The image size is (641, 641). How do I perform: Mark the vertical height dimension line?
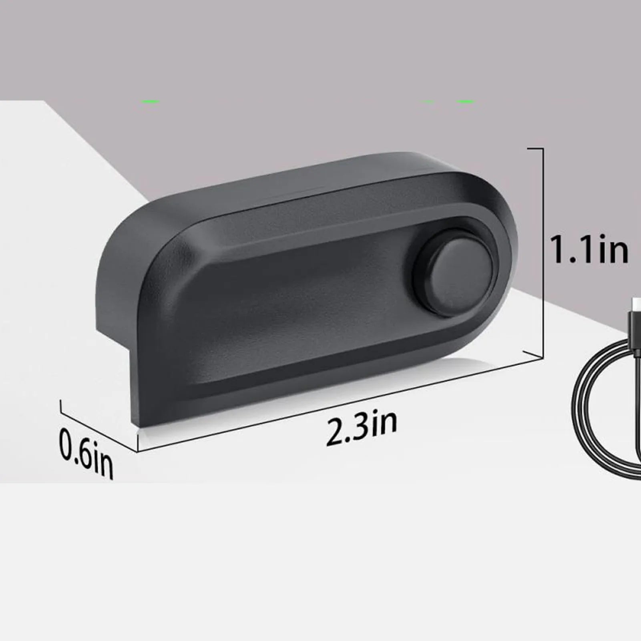click(543, 252)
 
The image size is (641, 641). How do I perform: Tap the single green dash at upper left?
click(151, 102)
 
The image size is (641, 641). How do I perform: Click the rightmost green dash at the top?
click(466, 102)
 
